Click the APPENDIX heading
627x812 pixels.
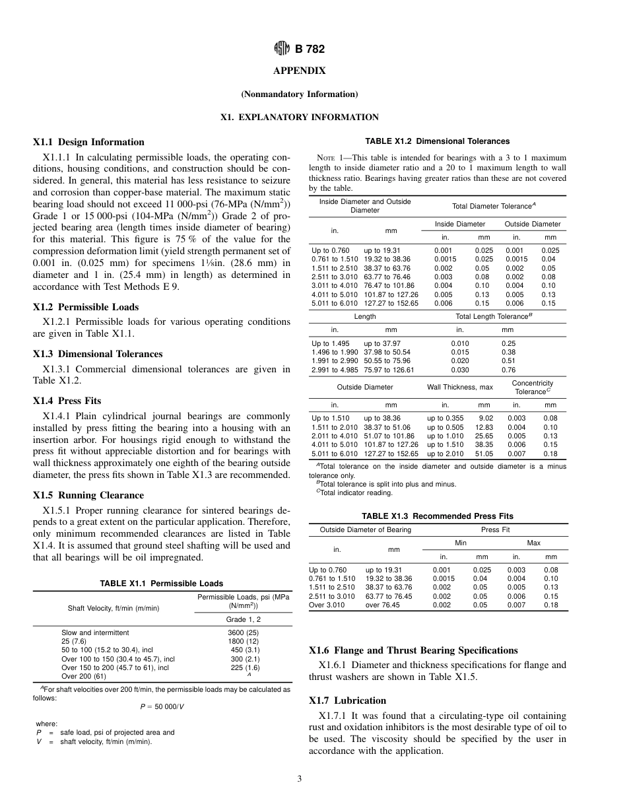click(x=299, y=71)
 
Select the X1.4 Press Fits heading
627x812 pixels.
click(x=67, y=401)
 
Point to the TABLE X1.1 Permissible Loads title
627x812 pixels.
click(x=161, y=584)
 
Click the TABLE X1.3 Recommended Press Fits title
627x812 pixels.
click(x=437, y=516)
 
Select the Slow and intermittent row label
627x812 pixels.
click(x=95, y=632)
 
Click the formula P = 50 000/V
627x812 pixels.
click(x=162, y=706)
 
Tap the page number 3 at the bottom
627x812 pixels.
click(x=299, y=779)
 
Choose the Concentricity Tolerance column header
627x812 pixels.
click(x=532, y=388)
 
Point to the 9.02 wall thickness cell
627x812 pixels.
click(x=485, y=418)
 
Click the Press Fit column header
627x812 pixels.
click(x=495, y=529)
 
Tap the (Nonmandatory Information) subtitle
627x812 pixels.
click(x=299, y=94)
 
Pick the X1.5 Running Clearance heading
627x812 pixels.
click(x=88, y=495)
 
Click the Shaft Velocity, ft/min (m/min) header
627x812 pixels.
click(x=113, y=608)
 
